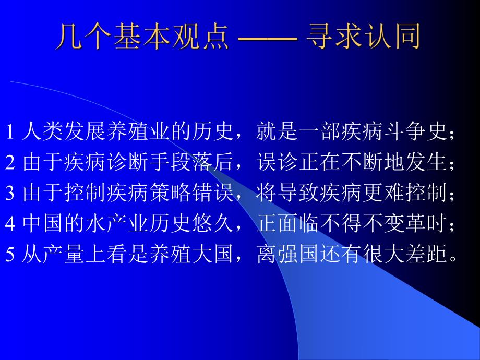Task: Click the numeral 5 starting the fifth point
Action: [x=10, y=254]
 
